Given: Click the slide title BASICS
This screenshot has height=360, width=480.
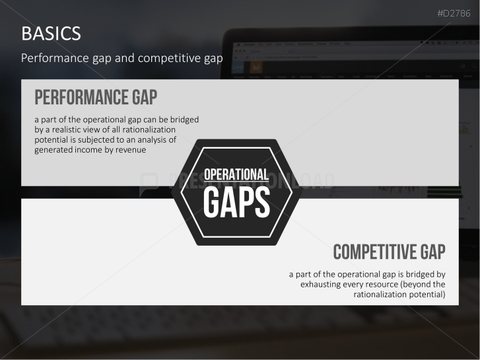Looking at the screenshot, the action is click(x=51, y=34).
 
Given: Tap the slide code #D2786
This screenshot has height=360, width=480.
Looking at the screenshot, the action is click(x=454, y=13).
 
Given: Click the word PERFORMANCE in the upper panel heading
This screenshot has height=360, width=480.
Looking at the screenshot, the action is click(x=81, y=97).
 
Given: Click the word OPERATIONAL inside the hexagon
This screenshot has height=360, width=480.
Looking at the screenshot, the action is click(x=236, y=174).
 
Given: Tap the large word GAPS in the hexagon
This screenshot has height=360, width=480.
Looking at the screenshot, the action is click(x=236, y=202).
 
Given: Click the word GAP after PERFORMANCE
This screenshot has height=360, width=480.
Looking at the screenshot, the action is click(x=145, y=97).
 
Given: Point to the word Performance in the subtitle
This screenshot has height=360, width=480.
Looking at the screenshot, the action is click(x=55, y=58).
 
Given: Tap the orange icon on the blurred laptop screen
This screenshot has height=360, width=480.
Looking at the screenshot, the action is click(x=256, y=68).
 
